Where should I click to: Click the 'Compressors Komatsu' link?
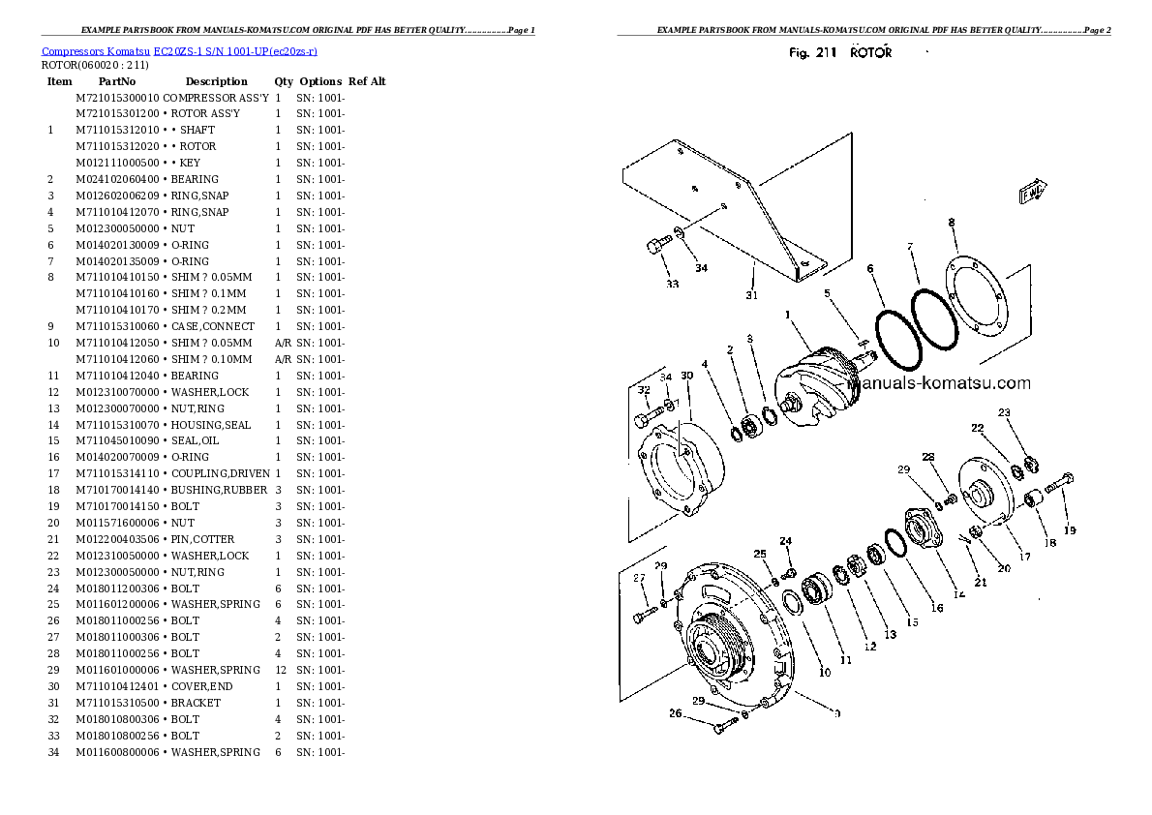coord(96,51)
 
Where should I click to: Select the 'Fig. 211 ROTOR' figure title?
coord(839,53)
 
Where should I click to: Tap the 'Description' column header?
coord(216,81)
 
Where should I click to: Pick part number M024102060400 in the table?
coord(117,179)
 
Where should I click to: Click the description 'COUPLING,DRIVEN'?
coord(221,474)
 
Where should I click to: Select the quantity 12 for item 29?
coord(281,670)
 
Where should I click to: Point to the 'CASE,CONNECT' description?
coord(213,326)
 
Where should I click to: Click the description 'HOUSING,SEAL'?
coord(211,425)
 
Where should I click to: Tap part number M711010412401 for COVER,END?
coord(117,686)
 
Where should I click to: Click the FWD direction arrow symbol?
coord(1032,191)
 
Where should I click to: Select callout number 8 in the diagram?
coord(952,222)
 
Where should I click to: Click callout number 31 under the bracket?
coord(751,295)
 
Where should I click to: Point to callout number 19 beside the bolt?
coord(1070,529)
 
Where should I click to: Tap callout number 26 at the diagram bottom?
coord(675,712)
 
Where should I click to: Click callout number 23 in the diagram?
coord(1004,413)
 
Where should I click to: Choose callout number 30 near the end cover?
coord(687,376)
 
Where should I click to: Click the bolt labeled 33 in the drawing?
coord(659,244)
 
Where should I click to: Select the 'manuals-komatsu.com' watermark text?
coord(939,383)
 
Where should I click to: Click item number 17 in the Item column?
coord(53,474)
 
